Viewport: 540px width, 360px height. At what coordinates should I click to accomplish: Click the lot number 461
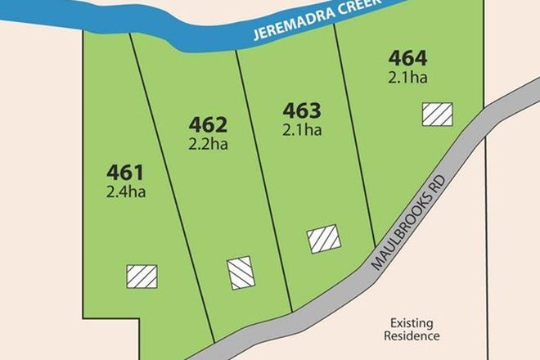coord(125,173)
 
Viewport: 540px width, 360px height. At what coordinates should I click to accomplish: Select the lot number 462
coord(207,124)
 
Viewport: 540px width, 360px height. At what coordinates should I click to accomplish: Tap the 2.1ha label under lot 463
coord(300,128)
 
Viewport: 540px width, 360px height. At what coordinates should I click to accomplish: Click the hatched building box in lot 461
coord(139,277)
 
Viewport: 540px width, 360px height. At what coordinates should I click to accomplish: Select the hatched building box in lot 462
coord(241,272)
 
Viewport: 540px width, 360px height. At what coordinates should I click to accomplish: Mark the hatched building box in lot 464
coord(437,115)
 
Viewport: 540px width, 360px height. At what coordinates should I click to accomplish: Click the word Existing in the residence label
coord(414,322)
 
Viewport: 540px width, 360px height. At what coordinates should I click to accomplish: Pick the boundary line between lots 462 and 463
coord(262,180)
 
